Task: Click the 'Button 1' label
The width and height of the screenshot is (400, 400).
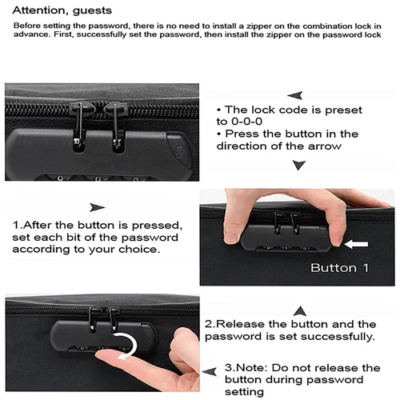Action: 339,267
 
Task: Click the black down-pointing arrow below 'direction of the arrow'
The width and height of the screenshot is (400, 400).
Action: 299,164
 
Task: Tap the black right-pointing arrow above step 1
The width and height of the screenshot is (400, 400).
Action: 98,207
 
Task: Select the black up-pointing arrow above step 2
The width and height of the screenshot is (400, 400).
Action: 300,309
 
